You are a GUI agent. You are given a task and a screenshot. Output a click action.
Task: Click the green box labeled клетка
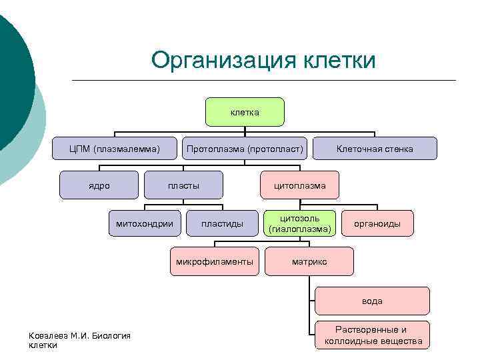pyautogui.click(x=245, y=112)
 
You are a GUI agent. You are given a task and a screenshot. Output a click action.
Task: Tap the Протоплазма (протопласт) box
pyautogui.click(x=245, y=149)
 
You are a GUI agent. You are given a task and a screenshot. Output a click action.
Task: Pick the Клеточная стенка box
pyautogui.click(x=375, y=149)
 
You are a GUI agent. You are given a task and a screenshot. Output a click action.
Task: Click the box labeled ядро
pyautogui.click(x=99, y=185)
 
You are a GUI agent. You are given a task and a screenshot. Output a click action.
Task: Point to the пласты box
pyautogui.click(x=183, y=185)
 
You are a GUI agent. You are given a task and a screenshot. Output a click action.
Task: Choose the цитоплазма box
pyautogui.click(x=299, y=185)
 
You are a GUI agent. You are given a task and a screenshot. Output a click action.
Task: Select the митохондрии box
pyautogui.click(x=145, y=223)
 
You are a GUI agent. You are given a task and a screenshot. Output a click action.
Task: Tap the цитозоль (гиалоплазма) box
pyautogui.click(x=299, y=223)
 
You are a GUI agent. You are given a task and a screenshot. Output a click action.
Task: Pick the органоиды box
pyautogui.click(x=377, y=223)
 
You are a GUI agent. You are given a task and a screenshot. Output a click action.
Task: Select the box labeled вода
pyautogui.click(x=372, y=301)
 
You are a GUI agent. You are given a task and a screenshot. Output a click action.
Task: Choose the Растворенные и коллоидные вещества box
pyautogui.click(x=373, y=335)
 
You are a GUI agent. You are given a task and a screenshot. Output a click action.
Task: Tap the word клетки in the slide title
pyautogui.click(x=340, y=60)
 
